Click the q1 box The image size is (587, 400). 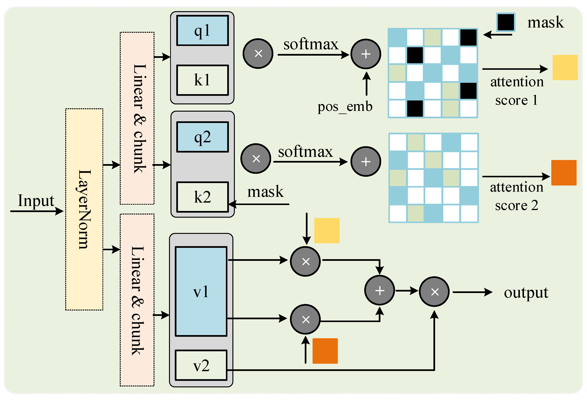point(202,31)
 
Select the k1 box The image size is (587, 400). point(202,80)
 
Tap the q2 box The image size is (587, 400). point(202,137)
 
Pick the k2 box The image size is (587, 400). point(202,197)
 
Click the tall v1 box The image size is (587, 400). point(201,291)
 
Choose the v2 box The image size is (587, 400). point(201,365)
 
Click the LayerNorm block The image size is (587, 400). point(84,209)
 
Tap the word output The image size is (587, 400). point(526,293)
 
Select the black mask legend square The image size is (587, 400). point(505,22)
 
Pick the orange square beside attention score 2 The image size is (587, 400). point(564,173)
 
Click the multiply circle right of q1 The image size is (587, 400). point(258,54)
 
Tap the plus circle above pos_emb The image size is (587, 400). point(366,54)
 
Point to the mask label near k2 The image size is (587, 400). point(265,192)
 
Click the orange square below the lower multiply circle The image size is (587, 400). point(325,351)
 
